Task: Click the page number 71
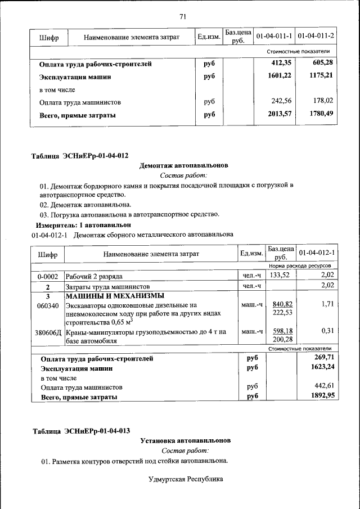tap(183, 16)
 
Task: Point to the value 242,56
tap(282, 102)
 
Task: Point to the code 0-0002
tap(48, 276)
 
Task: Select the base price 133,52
tap(281, 275)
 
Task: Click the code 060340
tap(48, 305)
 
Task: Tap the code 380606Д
tap(48, 332)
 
